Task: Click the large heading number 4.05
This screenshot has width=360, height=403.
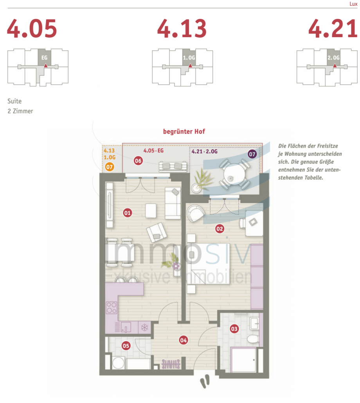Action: (32, 29)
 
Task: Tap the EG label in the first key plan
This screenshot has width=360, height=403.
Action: (44, 58)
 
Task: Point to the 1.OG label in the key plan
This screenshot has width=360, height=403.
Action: (189, 58)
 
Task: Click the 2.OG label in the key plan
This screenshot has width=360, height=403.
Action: (333, 58)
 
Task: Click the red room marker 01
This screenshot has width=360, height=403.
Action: (127, 213)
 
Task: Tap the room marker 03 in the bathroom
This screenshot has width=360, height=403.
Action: (234, 329)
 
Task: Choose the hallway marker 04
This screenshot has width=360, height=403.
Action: (183, 340)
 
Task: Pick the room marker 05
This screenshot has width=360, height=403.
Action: (126, 345)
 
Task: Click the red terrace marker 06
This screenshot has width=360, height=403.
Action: (138, 160)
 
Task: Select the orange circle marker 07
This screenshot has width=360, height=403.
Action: (110, 167)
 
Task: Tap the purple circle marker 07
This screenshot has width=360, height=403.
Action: (252, 154)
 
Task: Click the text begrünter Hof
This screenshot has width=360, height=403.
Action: (184, 132)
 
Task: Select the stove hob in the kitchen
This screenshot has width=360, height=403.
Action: (111, 307)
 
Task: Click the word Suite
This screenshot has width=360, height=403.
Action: (14, 101)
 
